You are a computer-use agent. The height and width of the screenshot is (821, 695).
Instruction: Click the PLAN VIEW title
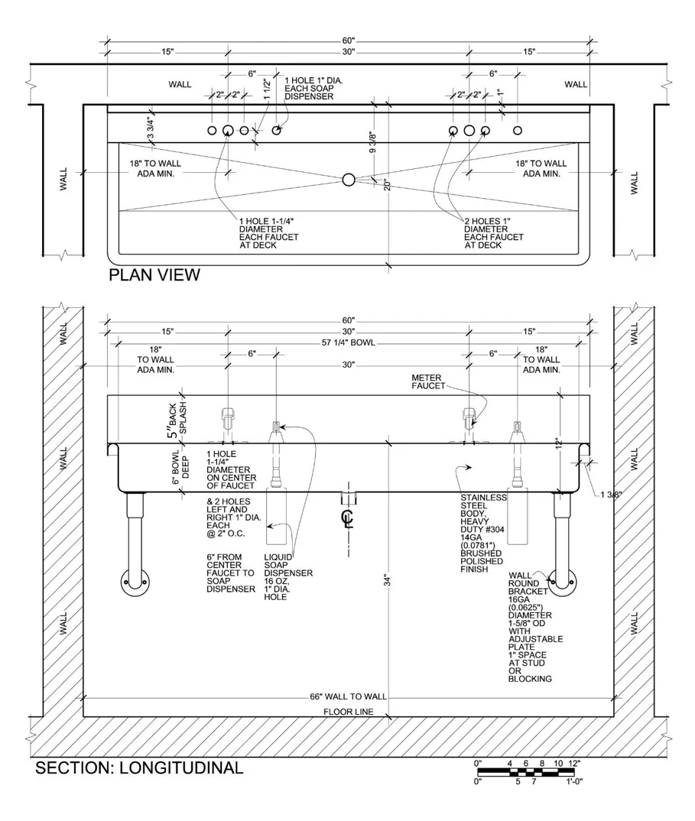154,275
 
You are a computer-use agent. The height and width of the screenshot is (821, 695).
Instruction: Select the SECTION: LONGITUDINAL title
139,767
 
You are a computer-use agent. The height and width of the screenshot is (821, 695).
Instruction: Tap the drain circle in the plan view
349,180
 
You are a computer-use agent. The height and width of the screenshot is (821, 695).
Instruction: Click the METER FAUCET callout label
428,381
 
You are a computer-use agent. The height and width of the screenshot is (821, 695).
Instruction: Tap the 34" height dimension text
388,581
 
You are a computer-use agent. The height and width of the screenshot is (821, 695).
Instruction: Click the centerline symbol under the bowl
348,517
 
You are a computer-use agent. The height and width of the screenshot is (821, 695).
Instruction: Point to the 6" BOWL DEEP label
180,467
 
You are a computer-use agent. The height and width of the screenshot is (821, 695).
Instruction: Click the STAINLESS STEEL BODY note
482,533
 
